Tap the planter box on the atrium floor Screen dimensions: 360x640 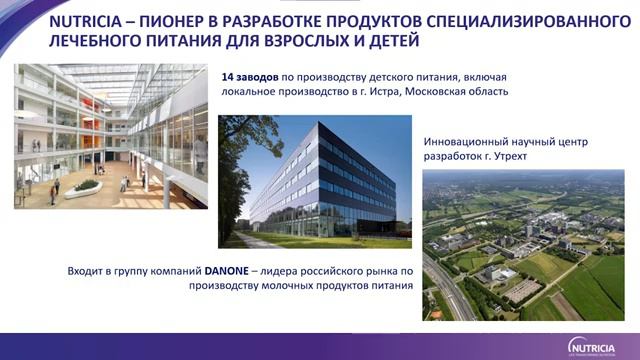click(x=88, y=186)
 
